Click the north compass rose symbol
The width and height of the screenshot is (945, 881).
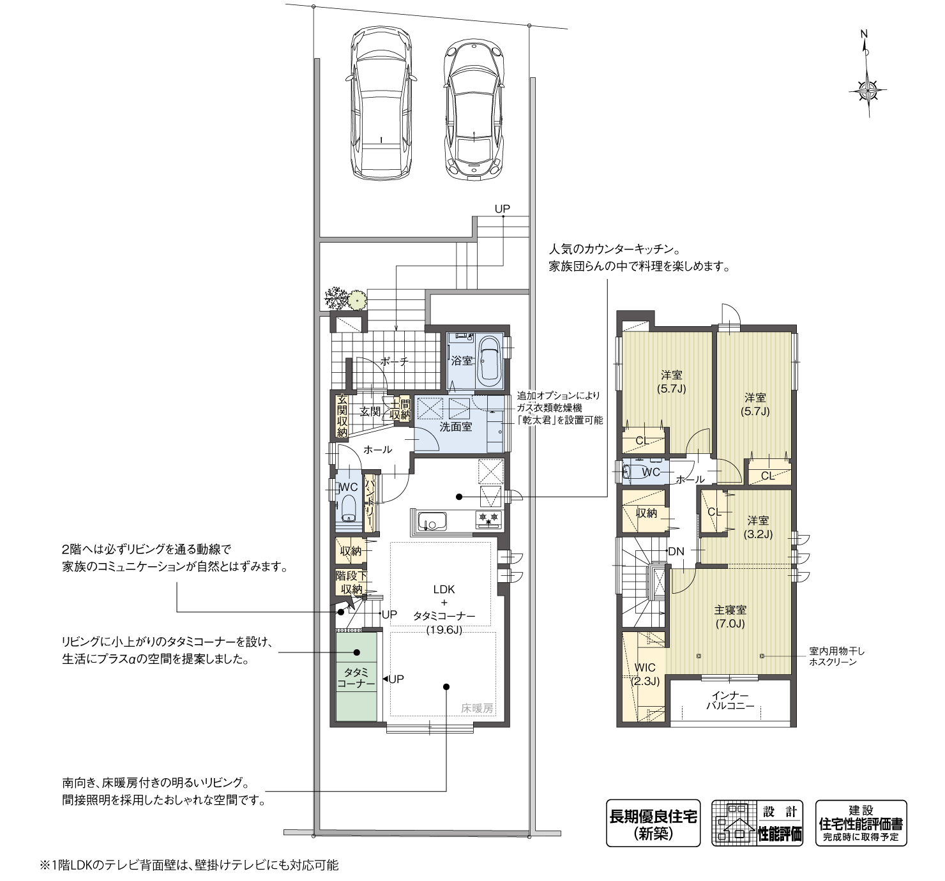(867, 89)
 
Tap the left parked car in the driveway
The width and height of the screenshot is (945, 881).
(381, 102)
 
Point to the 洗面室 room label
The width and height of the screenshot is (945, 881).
(456, 427)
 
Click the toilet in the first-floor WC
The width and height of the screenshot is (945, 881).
(349, 508)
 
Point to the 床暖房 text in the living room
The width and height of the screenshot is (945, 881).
(478, 708)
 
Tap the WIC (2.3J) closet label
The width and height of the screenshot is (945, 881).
(645, 674)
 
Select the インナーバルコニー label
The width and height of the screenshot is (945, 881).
(730, 701)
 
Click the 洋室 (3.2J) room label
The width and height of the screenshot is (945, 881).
(760, 527)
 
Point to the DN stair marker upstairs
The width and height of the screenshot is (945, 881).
(676, 551)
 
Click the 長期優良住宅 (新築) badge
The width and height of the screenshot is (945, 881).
(653, 824)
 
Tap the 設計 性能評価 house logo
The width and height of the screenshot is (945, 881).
(757, 824)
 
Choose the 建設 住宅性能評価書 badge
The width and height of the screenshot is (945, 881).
(861, 824)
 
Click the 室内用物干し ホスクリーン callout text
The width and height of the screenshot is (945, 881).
(836, 656)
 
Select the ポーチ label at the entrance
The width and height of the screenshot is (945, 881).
(394, 361)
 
